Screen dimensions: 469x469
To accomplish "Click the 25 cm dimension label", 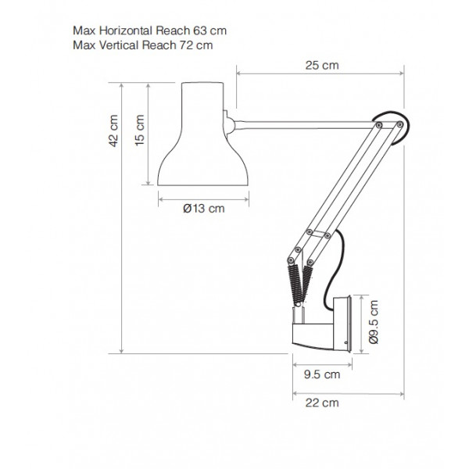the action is [x=322, y=65].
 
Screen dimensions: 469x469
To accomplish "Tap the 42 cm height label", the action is [x=113, y=131].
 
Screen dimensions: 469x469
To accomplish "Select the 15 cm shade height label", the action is [x=140, y=131].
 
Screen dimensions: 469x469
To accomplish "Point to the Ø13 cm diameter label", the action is [x=204, y=209].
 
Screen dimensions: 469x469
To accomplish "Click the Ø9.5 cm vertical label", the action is [x=374, y=322].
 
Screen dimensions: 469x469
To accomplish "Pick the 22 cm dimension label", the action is [x=322, y=403].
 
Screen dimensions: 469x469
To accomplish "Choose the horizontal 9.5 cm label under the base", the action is [x=322, y=374].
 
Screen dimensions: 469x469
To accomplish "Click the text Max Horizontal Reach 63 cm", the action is [x=149, y=30].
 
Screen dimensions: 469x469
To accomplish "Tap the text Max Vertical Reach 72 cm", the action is [x=143, y=45].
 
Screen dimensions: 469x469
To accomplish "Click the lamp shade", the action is [x=202, y=134].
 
